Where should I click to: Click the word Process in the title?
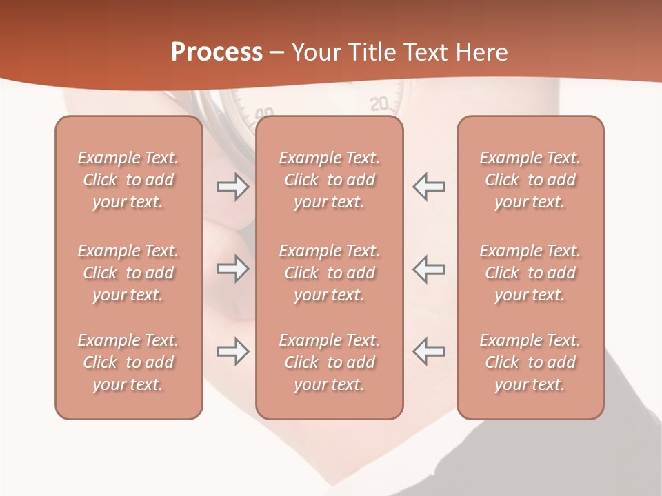217,52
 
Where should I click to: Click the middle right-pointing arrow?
232,269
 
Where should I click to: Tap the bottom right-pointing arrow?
232,351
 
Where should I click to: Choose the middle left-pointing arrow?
429,269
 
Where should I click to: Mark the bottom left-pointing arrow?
429,351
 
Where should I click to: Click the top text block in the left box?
128,180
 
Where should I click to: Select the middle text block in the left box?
128,273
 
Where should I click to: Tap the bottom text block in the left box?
128,362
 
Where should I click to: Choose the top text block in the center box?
329,180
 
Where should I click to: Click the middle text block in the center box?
329,273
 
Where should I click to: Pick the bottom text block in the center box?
329,362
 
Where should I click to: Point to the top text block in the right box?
530,180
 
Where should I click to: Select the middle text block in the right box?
530,273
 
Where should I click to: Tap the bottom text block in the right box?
530,362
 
